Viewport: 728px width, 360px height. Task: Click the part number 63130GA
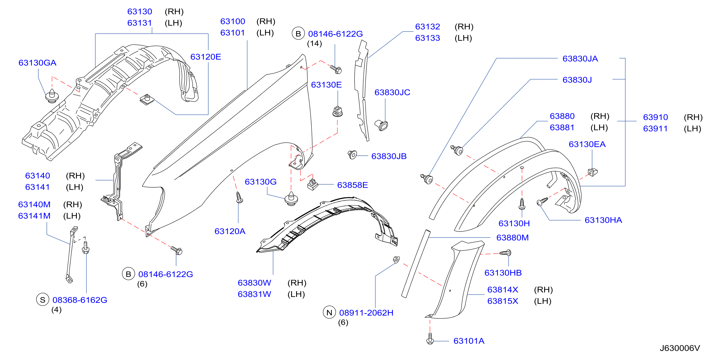point(37,63)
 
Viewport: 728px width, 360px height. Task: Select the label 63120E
point(205,57)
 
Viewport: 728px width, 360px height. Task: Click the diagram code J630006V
point(680,348)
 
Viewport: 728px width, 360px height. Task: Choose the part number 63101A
point(469,341)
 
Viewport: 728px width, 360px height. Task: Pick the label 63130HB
point(503,273)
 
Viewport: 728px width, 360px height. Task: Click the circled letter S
point(43,300)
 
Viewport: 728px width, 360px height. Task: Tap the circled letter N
point(329,312)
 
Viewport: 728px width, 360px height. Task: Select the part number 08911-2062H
point(366,313)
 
